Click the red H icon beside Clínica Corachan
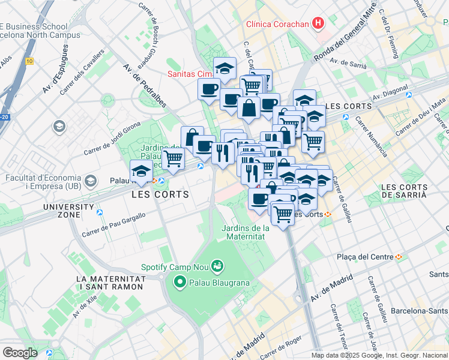(318, 24)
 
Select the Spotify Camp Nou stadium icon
(217, 265)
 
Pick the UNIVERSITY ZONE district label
(68, 211)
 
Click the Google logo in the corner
(20, 352)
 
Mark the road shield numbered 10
(29, 61)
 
